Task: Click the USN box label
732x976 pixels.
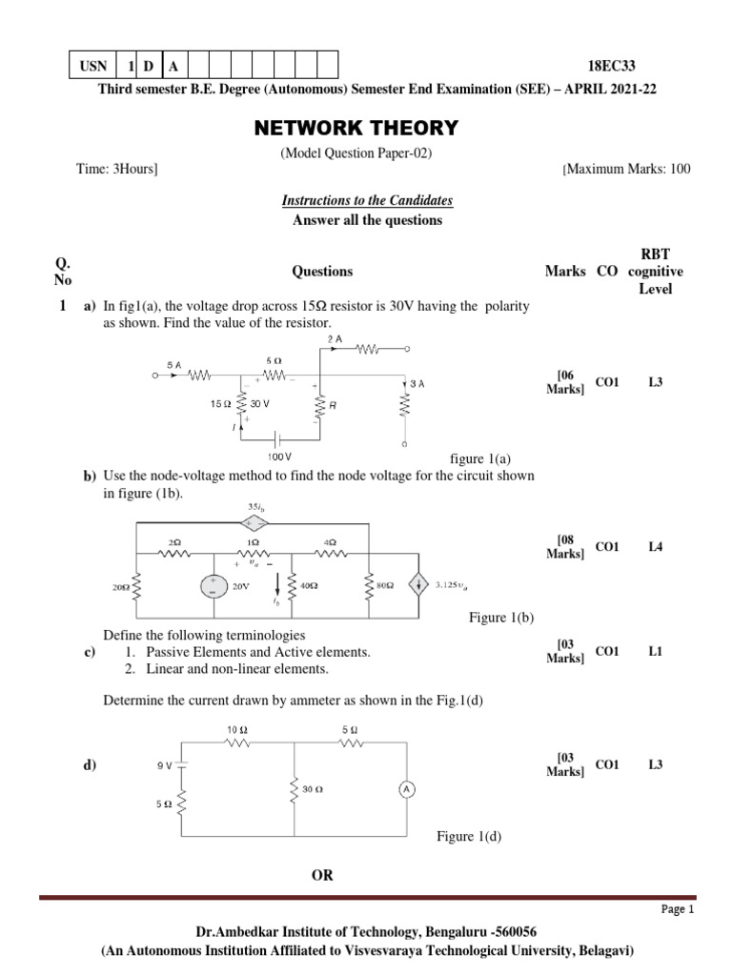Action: pyautogui.click(x=93, y=66)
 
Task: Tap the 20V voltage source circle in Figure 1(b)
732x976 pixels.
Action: pyautogui.click(x=207, y=586)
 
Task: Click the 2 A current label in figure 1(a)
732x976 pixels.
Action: pyautogui.click(x=334, y=339)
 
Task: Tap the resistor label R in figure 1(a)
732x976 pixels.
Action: pyautogui.click(x=333, y=404)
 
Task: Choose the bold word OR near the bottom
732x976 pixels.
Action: pyautogui.click(x=322, y=875)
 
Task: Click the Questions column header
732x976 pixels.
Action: pyautogui.click(x=322, y=272)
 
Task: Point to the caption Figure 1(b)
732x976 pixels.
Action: pyautogui.click(x=501, y=618)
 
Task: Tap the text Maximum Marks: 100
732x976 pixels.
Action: pyautogui.click(x=628, y=169)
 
